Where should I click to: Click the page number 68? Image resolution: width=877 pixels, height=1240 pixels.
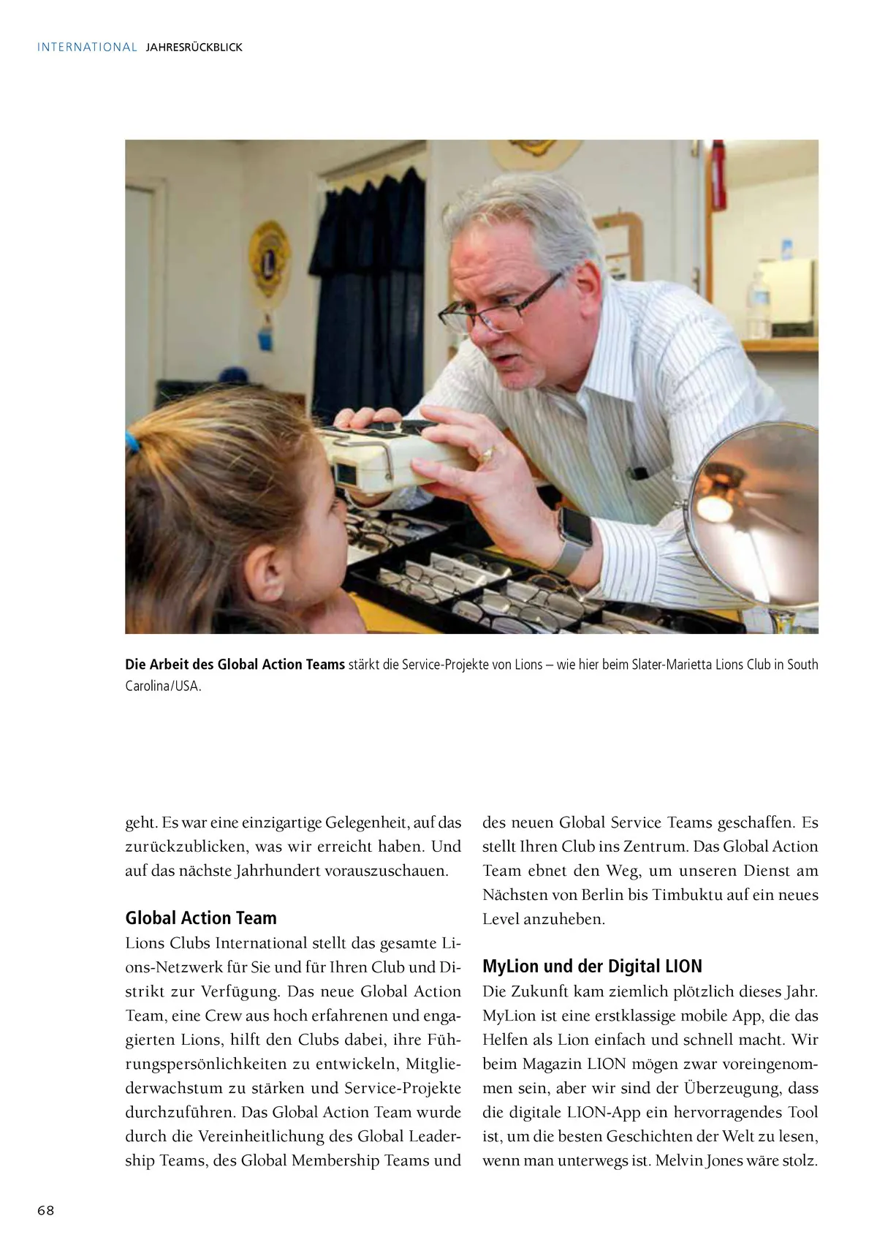(x=46, y=1210)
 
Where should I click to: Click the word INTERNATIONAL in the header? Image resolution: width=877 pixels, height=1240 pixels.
(x=87, y=48)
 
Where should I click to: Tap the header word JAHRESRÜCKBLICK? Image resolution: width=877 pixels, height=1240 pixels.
(x=194, y=48)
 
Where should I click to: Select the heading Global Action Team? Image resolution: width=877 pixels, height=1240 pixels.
(x=201, y=918)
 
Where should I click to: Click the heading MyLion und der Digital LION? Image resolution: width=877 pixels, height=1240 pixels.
(x=592, y=967)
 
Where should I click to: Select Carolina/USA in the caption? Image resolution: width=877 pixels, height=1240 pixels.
(x=163, y=687)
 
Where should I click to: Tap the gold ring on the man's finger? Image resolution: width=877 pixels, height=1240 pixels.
(x=485, y=455)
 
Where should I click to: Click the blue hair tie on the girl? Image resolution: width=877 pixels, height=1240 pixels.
(x=132, y=442)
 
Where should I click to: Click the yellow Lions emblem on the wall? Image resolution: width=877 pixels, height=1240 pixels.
(x=268, y=258)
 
